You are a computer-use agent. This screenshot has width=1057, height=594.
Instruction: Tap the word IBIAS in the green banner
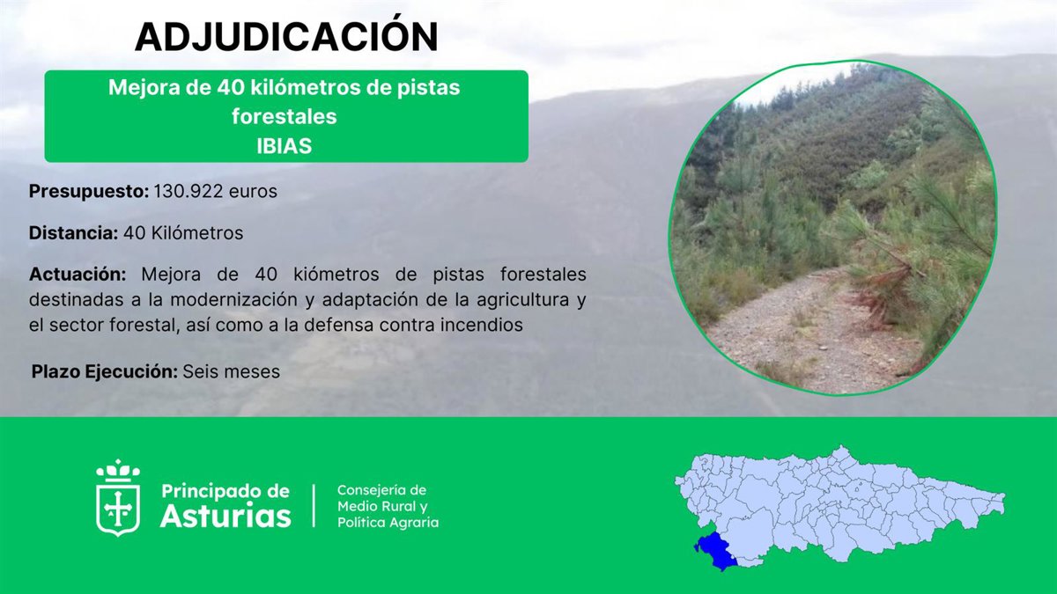pyautogui.click(x=284, y=146)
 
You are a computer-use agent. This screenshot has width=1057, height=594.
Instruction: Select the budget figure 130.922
pyautogui.click(x=188, y=191)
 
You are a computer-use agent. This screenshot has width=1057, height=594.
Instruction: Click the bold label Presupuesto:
pyautogui.click(x=89, y=192)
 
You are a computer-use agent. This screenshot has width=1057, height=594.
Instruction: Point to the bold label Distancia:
pyautogui.click(x=74, y=232)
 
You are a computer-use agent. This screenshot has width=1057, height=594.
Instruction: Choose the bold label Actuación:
pyautogui.click(x=78, y=275)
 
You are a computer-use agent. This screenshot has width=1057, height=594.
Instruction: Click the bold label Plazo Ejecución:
pyautogui.click(x=104, y=371)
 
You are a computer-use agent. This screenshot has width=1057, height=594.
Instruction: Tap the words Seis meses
pyautogui.click(x=231, y=371)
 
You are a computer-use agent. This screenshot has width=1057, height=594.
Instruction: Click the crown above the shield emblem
pyautogui.click(x=117, y=471)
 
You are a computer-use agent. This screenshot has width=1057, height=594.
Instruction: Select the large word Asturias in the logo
pyautogui.click(x=225, y=516)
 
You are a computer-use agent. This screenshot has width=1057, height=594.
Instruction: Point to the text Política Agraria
pyautogui.click(x=388, y=523)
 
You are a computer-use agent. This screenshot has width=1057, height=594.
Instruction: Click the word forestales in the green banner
pyautogui.click(x=284, y=117)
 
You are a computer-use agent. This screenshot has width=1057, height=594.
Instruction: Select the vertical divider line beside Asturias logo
pyautogui.click(x=314, y=505)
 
